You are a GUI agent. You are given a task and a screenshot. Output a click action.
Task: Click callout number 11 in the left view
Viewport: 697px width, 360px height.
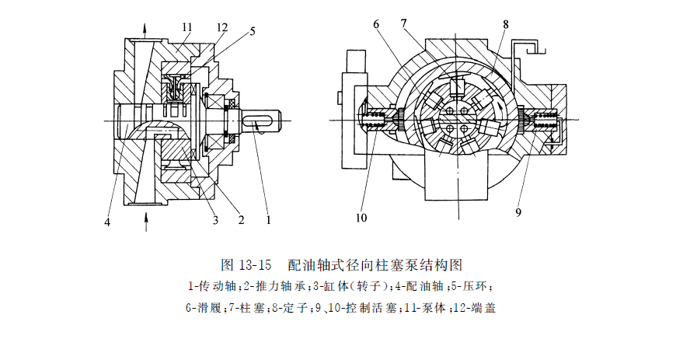187,26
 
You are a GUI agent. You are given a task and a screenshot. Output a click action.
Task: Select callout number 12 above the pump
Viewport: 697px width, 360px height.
221,26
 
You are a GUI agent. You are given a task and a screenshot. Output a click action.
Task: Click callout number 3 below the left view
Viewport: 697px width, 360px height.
214,220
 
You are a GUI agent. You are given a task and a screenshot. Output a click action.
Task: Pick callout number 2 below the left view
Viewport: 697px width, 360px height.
241,220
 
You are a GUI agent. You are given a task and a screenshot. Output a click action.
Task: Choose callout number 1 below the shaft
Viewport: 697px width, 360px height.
268,220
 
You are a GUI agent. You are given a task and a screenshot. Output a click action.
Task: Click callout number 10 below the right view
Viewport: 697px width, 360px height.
361,218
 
